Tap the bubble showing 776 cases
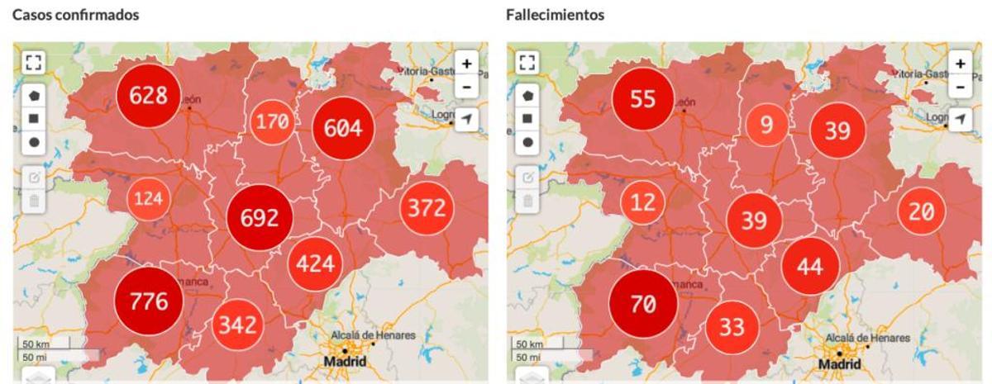148,301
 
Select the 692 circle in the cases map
260,218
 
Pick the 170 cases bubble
272,123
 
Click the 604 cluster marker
343,130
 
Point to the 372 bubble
427,209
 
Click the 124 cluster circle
150,199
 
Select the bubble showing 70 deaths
642,303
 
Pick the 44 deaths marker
809,266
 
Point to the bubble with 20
921,211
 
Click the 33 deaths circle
732,327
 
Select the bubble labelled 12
643,201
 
